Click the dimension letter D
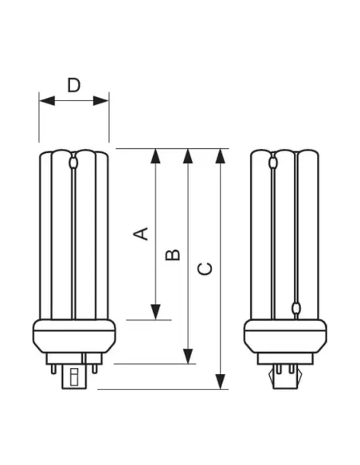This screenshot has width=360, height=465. pos(74,85)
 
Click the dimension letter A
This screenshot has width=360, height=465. pos(140,233)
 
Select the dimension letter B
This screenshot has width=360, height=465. pos(173,255)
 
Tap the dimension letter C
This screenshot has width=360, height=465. pos(205,268)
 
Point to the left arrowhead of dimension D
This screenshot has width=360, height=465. pos(47,101)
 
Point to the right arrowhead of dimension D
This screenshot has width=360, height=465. pos(101,101)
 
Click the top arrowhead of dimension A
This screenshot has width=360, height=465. pos(155,156)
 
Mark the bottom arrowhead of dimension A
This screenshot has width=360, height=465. pos(155,312)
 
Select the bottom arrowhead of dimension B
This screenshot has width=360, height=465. pos(188,356)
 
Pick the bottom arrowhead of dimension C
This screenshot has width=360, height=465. pos(220,382)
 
